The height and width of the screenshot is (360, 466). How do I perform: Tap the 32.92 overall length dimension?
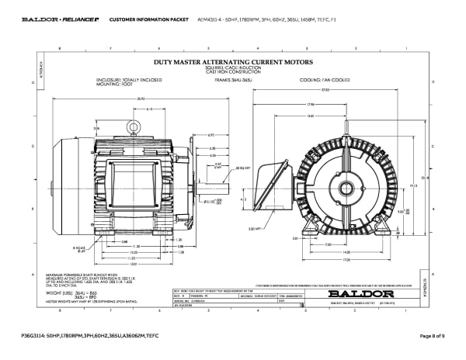141,99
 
